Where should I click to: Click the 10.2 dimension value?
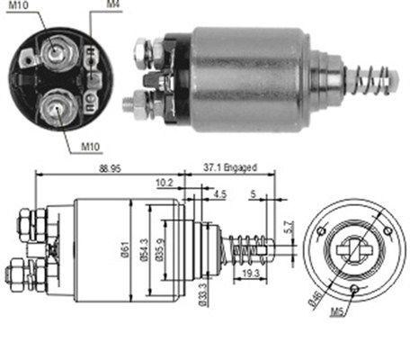tap(163, 182)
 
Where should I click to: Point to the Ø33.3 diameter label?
tap(204, 293)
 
